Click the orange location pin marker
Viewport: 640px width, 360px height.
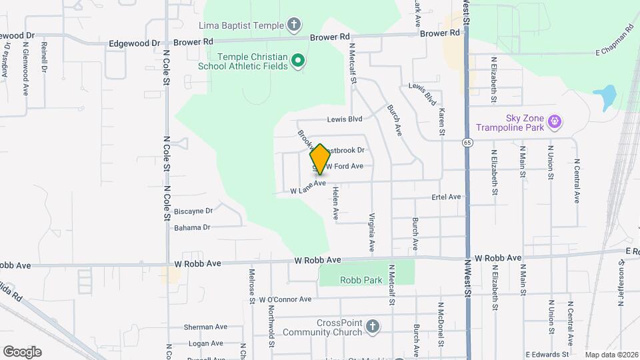pyautogui.click(x=320, y=159)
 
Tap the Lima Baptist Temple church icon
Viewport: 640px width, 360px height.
pyautogui.click(x=293, y=26)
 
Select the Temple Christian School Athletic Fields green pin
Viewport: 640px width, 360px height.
pyautogui.click(x=299, y=61)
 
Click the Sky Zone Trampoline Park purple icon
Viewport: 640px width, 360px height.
pyautogui.click(x=554, y=121)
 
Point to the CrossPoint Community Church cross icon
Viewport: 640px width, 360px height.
pyautogui.click(x=373, y=327)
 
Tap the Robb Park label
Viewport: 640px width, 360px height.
pyautogui.click(x=361, y=280)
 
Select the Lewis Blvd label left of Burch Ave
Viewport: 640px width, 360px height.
pyautogui.click(x=344, y=119)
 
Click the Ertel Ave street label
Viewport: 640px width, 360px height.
pyautogui.click(x=446, y=197)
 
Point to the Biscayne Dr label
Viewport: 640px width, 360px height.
pyautogui.click(x=193, y=211)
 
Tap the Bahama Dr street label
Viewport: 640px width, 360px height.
pyautogui.click(x=192, y=227)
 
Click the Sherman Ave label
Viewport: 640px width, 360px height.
pyautogui.click(x=207, y=327)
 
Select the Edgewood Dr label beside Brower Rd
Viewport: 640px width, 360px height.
pyautogui.click(x=134, y=43)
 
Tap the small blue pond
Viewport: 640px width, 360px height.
pyautogui.click(x=608, y=97)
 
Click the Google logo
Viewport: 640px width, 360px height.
pyautogui.click(x=22, y=351)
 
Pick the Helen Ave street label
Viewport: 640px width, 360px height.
pyautogui.click(x=336, y=204)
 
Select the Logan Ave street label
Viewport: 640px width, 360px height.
pyautogui.click(x=204, y=343)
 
